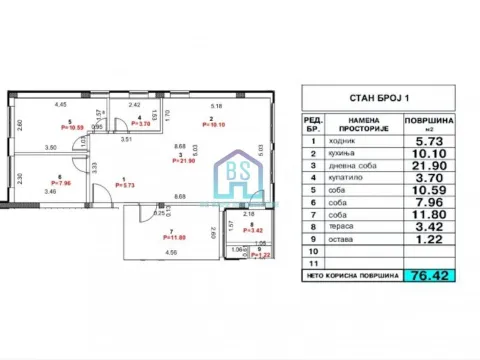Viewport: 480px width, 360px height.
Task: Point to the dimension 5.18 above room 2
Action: (x=216, y=104)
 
